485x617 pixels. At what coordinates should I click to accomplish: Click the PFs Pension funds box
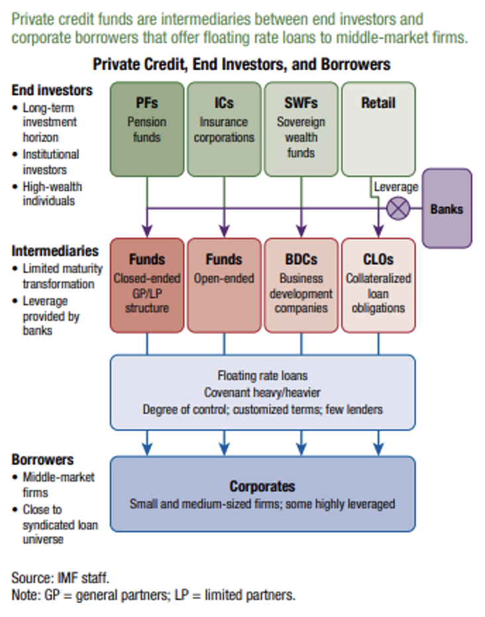pos(146,129)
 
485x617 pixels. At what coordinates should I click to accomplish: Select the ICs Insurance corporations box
pos(224,129)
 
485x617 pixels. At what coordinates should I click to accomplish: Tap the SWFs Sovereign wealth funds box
pos(301,129)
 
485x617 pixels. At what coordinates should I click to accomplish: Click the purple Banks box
pos(447,208)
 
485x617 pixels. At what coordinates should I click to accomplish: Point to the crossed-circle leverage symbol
pos(398,209)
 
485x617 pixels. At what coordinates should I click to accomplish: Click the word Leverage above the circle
pos(396,187)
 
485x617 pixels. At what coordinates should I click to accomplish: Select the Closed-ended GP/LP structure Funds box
pos(146,285)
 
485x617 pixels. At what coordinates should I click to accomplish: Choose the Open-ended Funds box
pos(224,285)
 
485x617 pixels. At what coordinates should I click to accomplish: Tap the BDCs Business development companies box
pos(301,285)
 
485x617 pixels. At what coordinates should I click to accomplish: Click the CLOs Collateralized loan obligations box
pos(378,285)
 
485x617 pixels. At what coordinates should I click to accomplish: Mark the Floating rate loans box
pos(262,392)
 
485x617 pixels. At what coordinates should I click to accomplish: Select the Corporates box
pos(262,494)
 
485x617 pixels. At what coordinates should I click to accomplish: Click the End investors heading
pos(52,90)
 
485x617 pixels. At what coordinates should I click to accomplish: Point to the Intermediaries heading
pos(54,251)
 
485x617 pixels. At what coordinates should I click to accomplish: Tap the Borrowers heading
pos(42,460)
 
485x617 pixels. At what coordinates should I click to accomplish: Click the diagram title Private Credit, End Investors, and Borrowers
pos(241,64)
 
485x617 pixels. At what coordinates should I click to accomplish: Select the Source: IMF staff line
pos(60,578)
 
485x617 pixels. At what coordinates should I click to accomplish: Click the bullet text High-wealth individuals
pos(52,193)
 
